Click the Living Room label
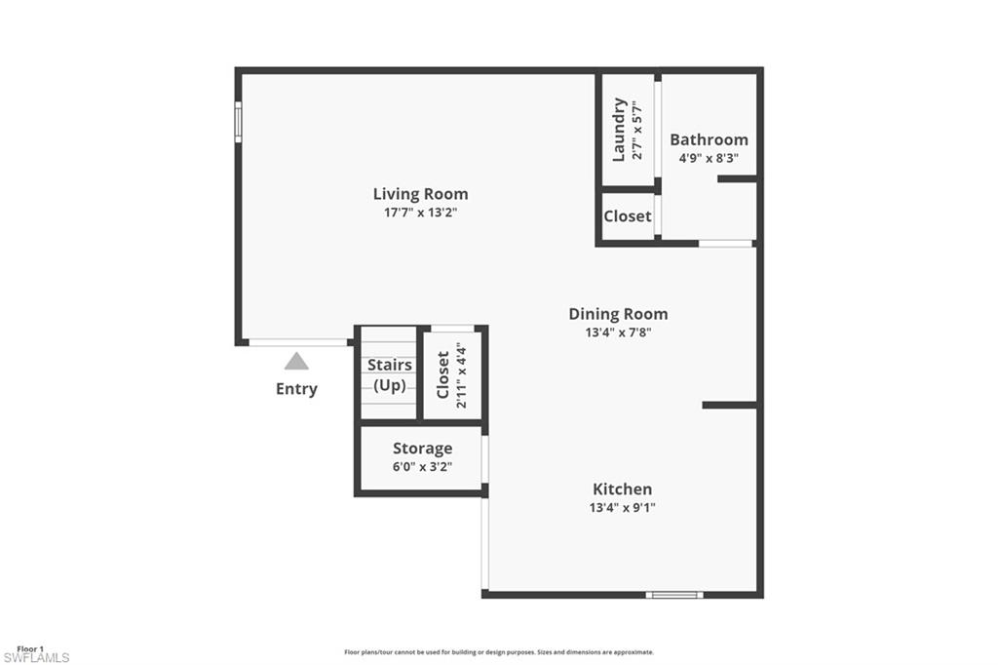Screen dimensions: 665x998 click(x=420, y=194)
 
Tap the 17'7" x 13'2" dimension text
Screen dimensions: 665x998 click(x=420, y=212)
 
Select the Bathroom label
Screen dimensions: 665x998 click(x=709, y=139)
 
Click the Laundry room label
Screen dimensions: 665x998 click(x=618, y=130)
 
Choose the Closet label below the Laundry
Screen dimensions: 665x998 click(x=627, y=216)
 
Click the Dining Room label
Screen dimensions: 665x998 click(x=618, y=314)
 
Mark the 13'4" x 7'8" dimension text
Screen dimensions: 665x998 click(x=618, y=332)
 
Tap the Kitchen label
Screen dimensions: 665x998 click(x=622, y=489)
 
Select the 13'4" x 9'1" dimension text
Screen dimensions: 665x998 click(x=622, y=507)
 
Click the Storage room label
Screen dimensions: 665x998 click(x=422, y=449)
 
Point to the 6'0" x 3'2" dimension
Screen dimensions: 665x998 click(x=422, y=466)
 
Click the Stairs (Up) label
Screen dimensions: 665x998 click(x=389, y=374)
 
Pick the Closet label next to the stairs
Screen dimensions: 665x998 click(x=443, y=374)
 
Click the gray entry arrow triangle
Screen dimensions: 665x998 click(x=296, y=362)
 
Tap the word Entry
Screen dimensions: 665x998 click(x=296, y=389)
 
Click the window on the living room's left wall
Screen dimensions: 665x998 click(x=238, y=123)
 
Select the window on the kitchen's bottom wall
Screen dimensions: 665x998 click(x=674, y=594)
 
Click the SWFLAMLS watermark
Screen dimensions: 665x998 click(x=36, y=658)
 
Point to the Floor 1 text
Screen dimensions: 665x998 click(x=30, y=648)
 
